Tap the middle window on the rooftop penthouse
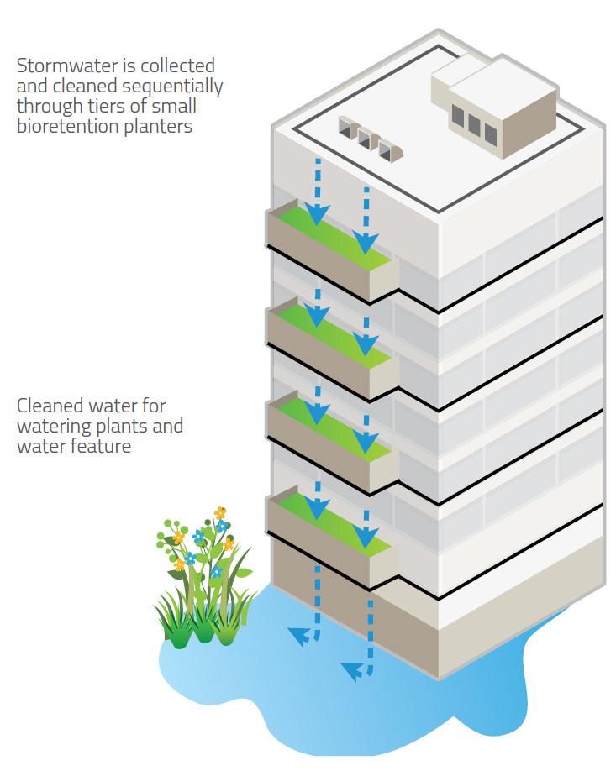coord(473,125)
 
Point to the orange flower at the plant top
coord(220,512)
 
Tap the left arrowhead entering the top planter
coord(317,216)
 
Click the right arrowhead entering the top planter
coord(366,244)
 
